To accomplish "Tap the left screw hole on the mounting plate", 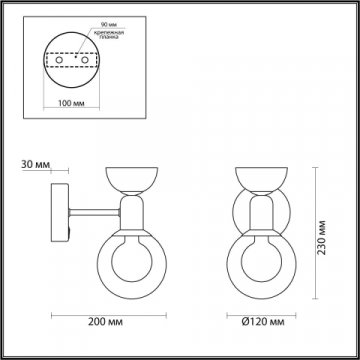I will click(x=57, y=61).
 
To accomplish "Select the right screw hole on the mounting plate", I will click(x=79, y=61).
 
